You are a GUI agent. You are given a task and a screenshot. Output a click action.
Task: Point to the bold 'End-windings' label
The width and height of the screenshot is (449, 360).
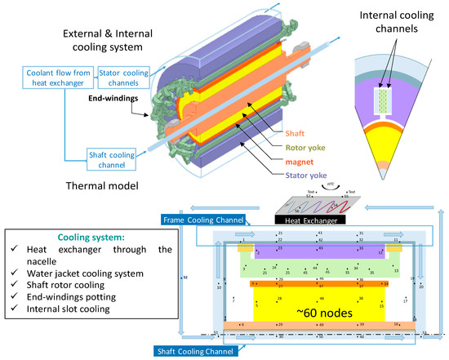pyautogui.click(x=109, y=96)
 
